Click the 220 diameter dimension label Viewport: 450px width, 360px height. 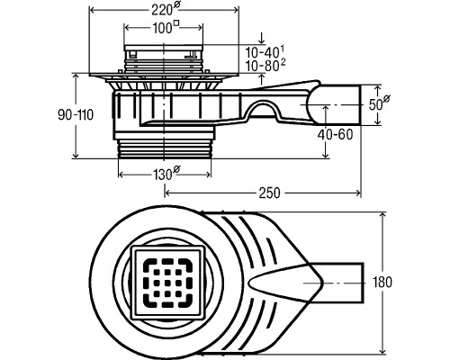point(165,9)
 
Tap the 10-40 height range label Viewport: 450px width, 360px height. point(265,51)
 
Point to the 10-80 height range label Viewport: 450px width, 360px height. point(265,66)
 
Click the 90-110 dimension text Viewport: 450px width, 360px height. point(76,115)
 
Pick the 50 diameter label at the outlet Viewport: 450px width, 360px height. point(379,103)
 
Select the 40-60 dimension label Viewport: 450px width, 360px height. point(336,135)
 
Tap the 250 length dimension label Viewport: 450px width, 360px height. point(269,193)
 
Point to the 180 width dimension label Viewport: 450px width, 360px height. point(382,282)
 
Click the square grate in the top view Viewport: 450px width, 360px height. point(168,282)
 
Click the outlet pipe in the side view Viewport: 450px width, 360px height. point(336,105)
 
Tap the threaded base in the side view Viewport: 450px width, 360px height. point(165,148)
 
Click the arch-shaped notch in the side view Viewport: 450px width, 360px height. point(262,110)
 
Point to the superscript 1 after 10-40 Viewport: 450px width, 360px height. point(283,49)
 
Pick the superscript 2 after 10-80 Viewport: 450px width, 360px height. point(283,63)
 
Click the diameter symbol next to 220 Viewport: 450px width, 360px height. point(176,6)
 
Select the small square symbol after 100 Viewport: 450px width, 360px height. point(177,23)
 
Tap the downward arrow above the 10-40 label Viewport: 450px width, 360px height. point(262,38)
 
